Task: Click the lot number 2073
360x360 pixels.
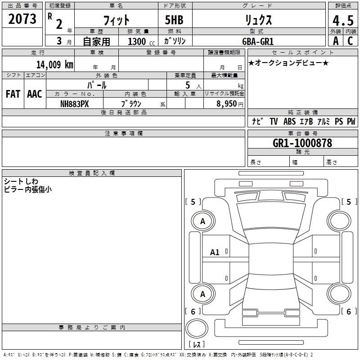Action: click(23, 19)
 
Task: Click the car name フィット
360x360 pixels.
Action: click(117, 20)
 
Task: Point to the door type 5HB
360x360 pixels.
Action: click(174, 20)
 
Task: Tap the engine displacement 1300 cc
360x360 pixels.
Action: click(139, 41)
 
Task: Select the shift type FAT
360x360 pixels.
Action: click(13, 94)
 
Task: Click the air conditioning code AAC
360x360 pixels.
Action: click(34, 94)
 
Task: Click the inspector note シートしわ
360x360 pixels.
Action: click(21, 181)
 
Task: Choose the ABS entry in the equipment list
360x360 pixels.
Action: click(289, 121)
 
